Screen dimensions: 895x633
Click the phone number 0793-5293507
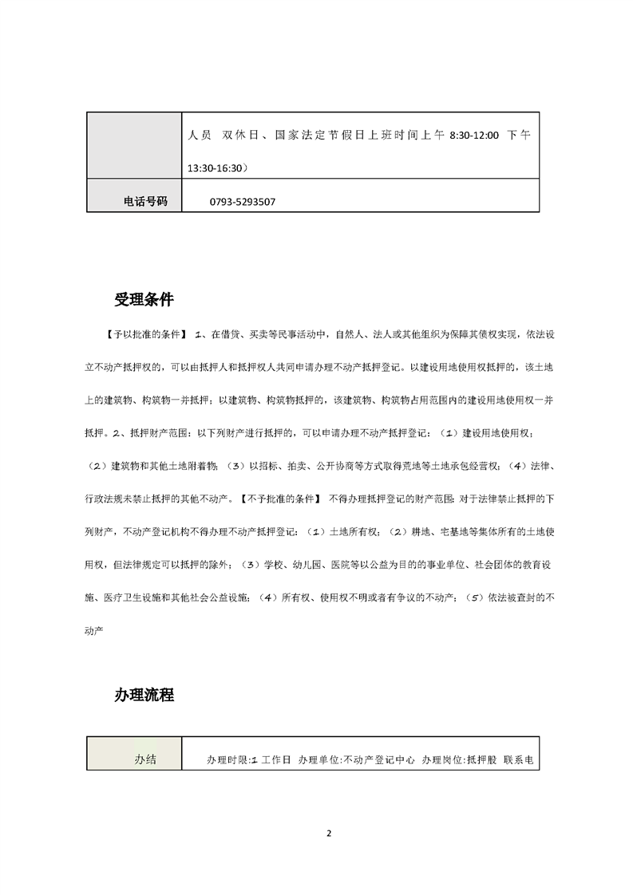click(x=241, y=202)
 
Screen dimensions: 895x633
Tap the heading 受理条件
click(x=144, y=301)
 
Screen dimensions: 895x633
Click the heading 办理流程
click(x=144, y=695)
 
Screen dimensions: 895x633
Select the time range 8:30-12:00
click(x=474, y=136)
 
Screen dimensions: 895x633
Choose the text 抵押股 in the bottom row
click(x=481, y=760)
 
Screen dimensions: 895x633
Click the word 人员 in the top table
click(x=200, y=136)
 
